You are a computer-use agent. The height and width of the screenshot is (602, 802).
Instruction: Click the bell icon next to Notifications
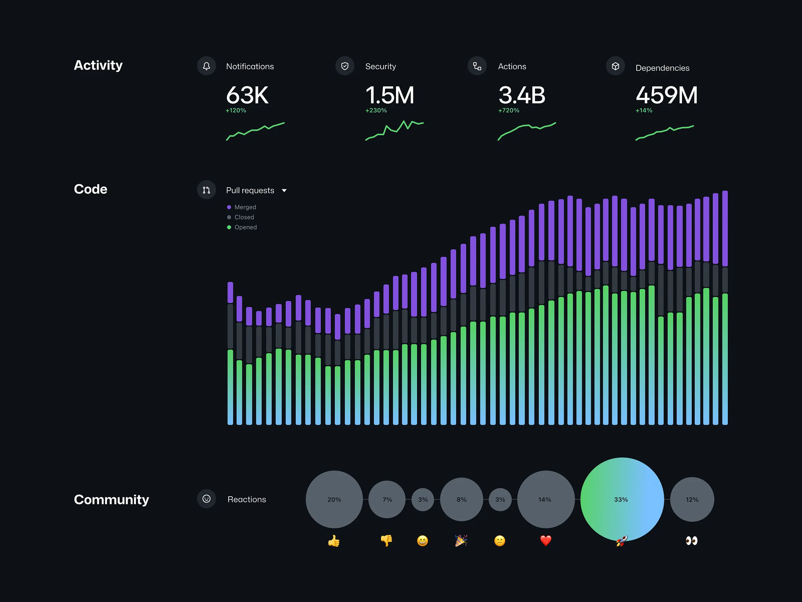point(206,66)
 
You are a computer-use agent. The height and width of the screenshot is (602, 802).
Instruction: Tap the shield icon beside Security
point(345,66)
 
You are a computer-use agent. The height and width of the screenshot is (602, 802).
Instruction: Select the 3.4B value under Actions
point(521,95)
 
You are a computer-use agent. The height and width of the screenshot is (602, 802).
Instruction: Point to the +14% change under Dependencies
point(644,110)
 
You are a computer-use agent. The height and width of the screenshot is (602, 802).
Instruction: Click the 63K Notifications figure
point(247,95)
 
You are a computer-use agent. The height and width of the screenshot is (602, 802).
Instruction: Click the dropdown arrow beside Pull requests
point(284,191)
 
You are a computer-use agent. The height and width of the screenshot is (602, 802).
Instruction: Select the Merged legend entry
point(242,207)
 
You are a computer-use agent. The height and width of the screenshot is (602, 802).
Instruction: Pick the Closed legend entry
point(241,217)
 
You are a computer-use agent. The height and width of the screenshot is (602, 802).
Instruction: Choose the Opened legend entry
point(242,227)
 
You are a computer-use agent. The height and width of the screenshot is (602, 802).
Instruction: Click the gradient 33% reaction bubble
point(622,499)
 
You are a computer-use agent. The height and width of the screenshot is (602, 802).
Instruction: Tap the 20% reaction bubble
point(334,499)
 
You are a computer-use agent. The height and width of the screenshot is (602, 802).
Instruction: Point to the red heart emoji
point(545,541)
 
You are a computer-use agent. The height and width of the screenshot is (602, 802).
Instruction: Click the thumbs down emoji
point(387,541)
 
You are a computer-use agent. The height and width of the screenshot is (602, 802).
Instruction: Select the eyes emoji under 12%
point(691,541)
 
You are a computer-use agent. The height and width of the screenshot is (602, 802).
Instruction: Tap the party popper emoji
point(461,541)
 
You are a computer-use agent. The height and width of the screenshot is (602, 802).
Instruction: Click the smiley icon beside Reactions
point(206,499)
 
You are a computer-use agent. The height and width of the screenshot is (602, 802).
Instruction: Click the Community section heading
point(111,500)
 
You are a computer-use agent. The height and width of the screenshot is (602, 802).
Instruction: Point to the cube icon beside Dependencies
point(615,66)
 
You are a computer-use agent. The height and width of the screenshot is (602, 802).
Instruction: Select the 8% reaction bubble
point(461,499)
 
